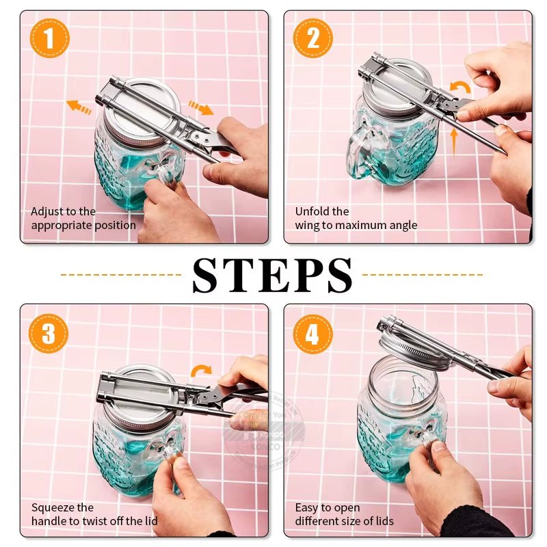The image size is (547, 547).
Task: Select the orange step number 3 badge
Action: tap(49, 333)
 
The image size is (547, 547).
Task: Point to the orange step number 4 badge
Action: tap(312, 333)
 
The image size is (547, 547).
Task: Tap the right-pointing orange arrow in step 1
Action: tap(200, 108)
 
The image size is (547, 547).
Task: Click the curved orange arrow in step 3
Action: tap(201, 371)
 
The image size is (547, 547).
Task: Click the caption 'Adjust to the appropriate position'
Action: tap(83, 218)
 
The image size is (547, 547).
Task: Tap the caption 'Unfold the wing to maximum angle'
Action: tap(356, 218)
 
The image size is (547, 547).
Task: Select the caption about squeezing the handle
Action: tap(94, 514)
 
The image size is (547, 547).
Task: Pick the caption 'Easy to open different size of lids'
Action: tap(344, 514)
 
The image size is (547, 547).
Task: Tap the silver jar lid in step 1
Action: tap(140, 109)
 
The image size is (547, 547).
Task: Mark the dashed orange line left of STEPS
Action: tap(120, 275)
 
